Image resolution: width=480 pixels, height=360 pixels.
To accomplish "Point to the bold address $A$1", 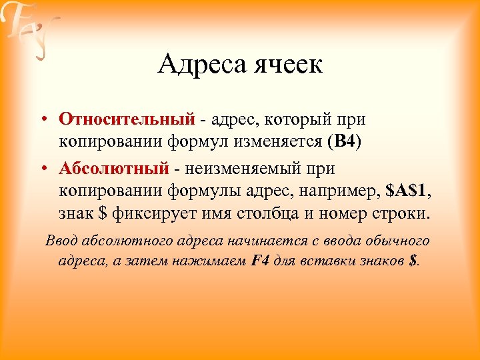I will click(408, 191).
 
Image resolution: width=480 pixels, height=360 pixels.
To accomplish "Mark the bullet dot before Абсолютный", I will click(42, 168).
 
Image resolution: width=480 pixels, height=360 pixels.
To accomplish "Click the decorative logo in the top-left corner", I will click(30, 30).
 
